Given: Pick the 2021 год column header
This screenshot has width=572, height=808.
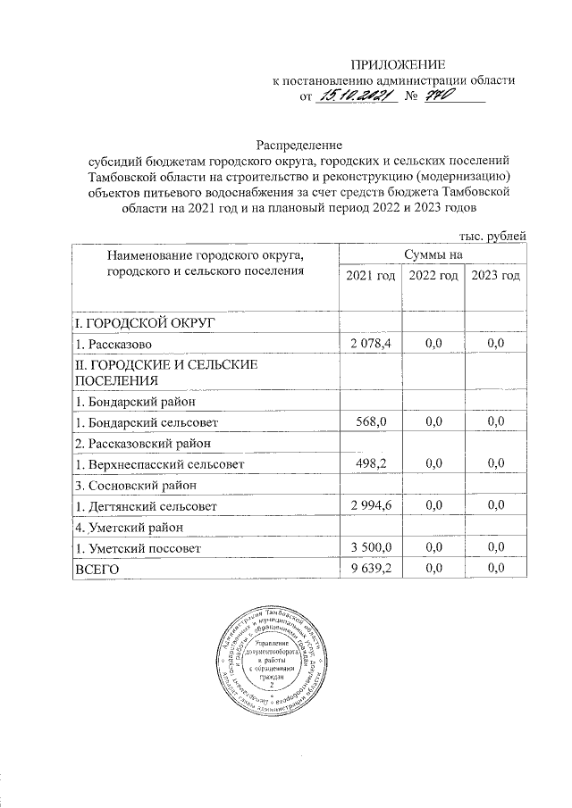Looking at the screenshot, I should point(370,277).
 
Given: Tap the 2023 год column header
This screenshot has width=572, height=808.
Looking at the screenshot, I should point(495,277).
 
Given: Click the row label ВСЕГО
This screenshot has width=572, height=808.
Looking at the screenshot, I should point(97,568).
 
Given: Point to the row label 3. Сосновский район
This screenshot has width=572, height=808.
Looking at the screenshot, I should point(134,485).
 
